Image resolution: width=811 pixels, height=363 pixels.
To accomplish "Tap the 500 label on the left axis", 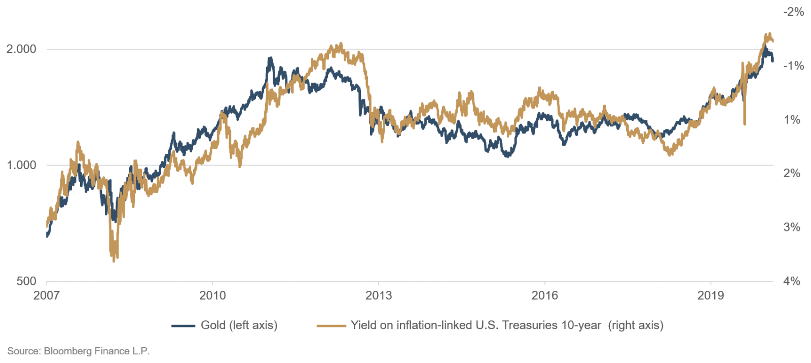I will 26,281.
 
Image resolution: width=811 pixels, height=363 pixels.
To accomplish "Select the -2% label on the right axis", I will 793,12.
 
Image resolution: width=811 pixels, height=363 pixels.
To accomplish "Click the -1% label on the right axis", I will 793,66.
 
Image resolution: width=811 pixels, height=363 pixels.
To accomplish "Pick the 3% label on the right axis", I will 792,227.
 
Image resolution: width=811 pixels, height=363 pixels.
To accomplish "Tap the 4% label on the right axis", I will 792,281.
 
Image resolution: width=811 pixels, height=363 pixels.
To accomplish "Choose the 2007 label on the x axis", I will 47,295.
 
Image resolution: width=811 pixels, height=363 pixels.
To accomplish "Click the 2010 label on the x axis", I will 213,295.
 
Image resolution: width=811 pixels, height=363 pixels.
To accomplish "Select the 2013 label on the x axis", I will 379,295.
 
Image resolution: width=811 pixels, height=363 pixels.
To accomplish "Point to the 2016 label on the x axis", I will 544,295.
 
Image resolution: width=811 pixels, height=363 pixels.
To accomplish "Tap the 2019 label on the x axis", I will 711,295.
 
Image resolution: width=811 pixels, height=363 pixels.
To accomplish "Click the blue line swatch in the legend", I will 183,325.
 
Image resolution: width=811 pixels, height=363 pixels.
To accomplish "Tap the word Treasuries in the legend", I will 524,325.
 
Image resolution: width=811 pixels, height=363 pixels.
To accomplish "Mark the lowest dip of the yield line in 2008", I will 114,261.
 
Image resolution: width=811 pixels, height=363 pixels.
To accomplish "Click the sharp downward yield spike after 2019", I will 745,123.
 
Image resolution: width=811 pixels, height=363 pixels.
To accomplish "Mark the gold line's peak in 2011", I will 270,58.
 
